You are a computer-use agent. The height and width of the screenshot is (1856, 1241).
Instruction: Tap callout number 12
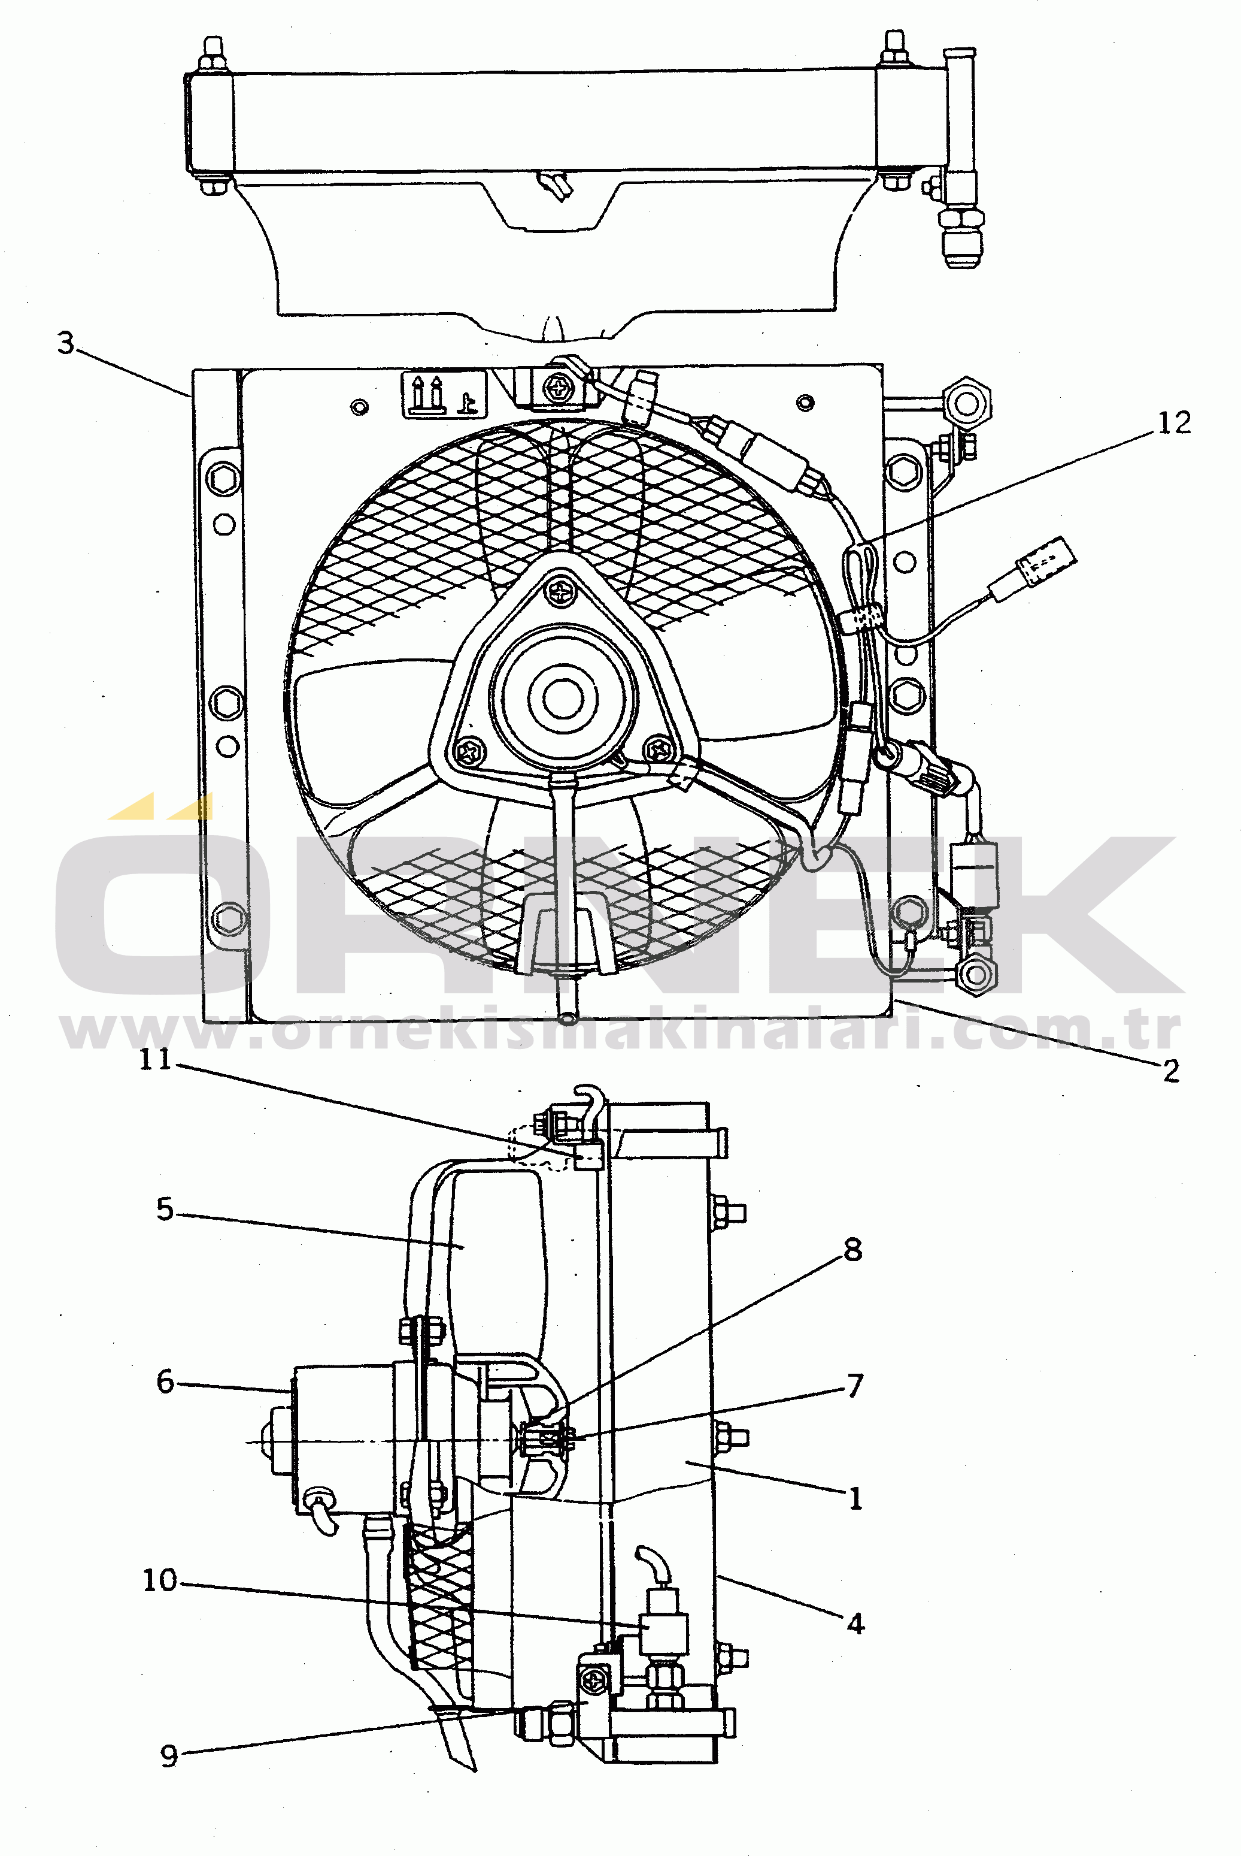(1174, 424)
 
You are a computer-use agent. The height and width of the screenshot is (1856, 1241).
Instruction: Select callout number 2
(1172, 1071)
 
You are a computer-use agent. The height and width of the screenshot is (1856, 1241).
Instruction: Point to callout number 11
(155, 1059)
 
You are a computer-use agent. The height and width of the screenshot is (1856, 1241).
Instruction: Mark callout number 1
(855, 1499)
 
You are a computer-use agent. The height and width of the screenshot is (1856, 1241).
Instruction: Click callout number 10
(159, 1580)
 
